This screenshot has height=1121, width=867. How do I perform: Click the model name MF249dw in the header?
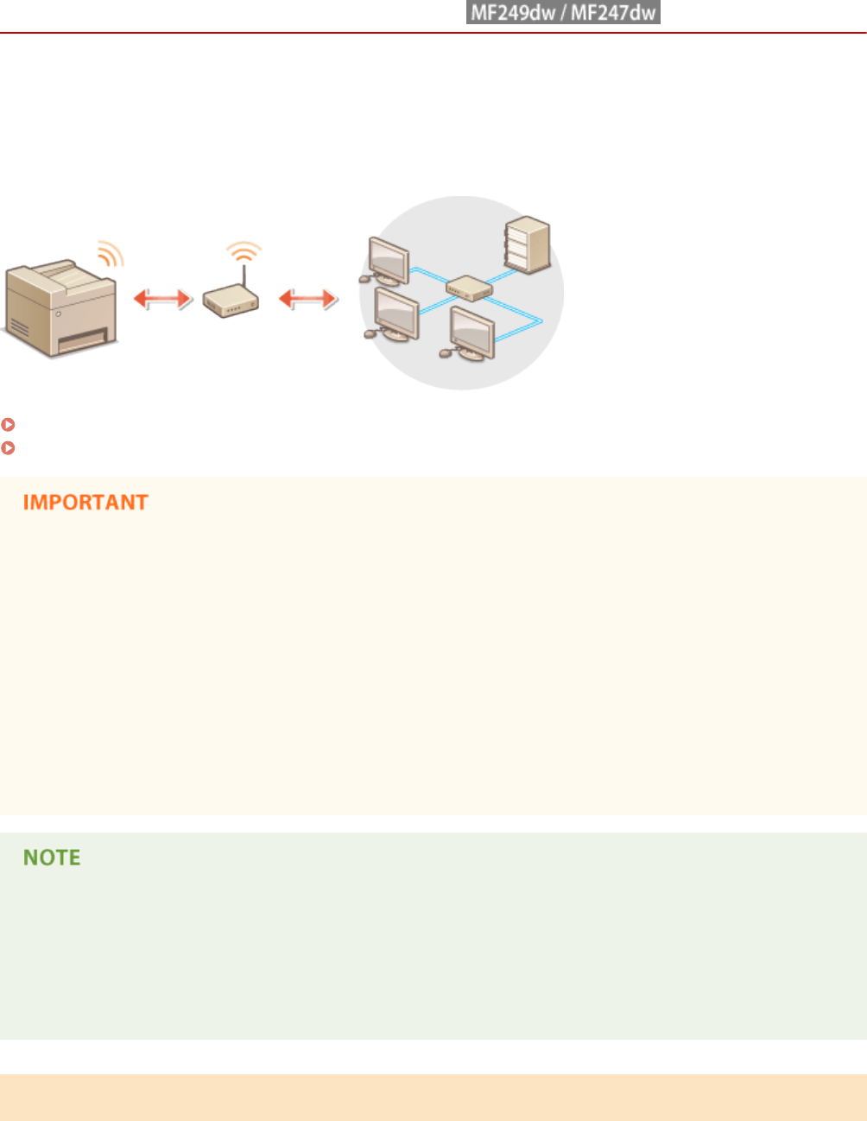513,13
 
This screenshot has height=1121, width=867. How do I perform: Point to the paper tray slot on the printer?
83,340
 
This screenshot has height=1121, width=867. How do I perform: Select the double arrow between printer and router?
161,299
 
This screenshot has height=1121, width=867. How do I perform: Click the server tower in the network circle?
528,244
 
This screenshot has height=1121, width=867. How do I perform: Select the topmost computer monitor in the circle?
387,258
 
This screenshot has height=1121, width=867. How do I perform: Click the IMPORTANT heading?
85,503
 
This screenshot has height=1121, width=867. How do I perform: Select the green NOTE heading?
52,858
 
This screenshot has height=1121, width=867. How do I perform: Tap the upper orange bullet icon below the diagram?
8,425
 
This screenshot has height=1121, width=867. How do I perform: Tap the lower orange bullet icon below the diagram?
8,447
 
